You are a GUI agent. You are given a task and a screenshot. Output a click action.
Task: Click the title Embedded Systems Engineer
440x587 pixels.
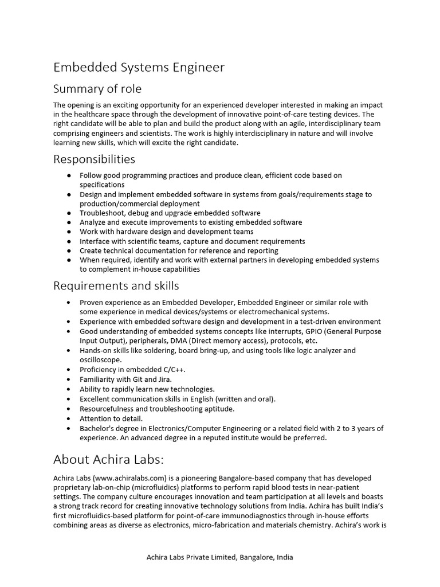(x=139, y=68)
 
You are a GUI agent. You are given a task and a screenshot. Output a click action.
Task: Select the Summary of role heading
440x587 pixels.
(x=97, y=89)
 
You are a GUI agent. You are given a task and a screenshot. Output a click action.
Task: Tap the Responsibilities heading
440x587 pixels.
(x=94, y=158)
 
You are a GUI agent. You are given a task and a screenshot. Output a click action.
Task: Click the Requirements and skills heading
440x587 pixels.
(x=116, y=285)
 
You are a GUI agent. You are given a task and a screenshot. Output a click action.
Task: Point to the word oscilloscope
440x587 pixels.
(x=101, y=360)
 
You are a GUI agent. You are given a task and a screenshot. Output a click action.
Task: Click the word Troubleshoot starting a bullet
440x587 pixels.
(x=101, y=213)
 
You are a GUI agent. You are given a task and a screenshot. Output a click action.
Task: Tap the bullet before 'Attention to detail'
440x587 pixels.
(x=69, y=418)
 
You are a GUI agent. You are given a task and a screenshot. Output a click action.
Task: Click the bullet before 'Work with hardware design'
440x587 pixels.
(x=69, y=232)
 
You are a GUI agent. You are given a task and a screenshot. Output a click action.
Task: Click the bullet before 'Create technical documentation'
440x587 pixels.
(x=69, y=251)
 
